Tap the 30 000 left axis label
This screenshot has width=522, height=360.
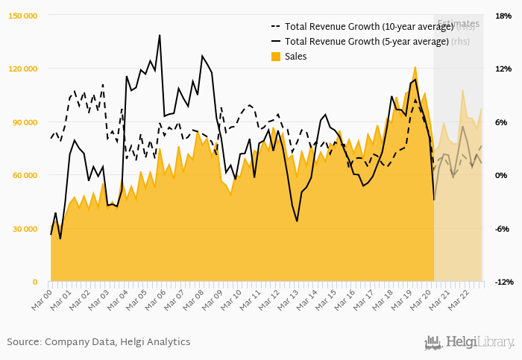25,229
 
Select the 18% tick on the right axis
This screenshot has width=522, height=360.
503,15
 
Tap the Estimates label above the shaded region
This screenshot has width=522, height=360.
458,23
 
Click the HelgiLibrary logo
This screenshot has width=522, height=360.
469,342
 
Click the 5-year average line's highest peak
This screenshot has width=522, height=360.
160,35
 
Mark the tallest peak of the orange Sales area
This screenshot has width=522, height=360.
415,67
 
